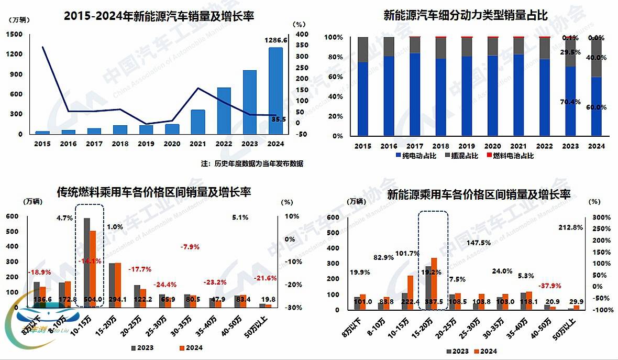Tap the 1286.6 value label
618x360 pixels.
[275, 40]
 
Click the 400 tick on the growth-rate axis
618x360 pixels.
[301, 35]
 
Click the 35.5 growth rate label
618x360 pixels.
[278, 119]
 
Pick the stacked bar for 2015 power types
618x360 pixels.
[362, 86]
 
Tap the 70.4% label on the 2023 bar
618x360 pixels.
[570, 102]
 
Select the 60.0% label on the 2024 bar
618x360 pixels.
[596, 107]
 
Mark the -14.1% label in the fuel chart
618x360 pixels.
[90, 261]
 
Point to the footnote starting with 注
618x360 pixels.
[251, 163]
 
